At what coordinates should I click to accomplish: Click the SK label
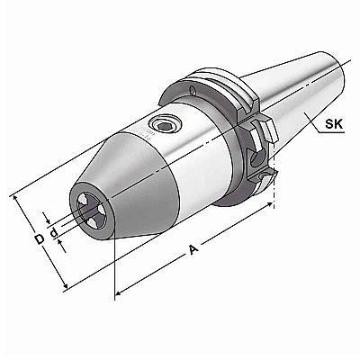coord(334,123)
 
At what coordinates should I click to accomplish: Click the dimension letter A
coord(193,249)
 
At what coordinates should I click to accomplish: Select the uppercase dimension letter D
coord(39,239)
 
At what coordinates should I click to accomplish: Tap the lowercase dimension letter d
coord(54,232)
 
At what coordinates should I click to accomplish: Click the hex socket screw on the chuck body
coord(165,126)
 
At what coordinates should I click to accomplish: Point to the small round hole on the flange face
coord(192,90)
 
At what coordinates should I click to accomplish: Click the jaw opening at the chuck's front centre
coord(91,208)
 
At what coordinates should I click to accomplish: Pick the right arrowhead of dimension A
coord(269,204)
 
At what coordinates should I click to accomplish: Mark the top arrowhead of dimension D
coord(15,199)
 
